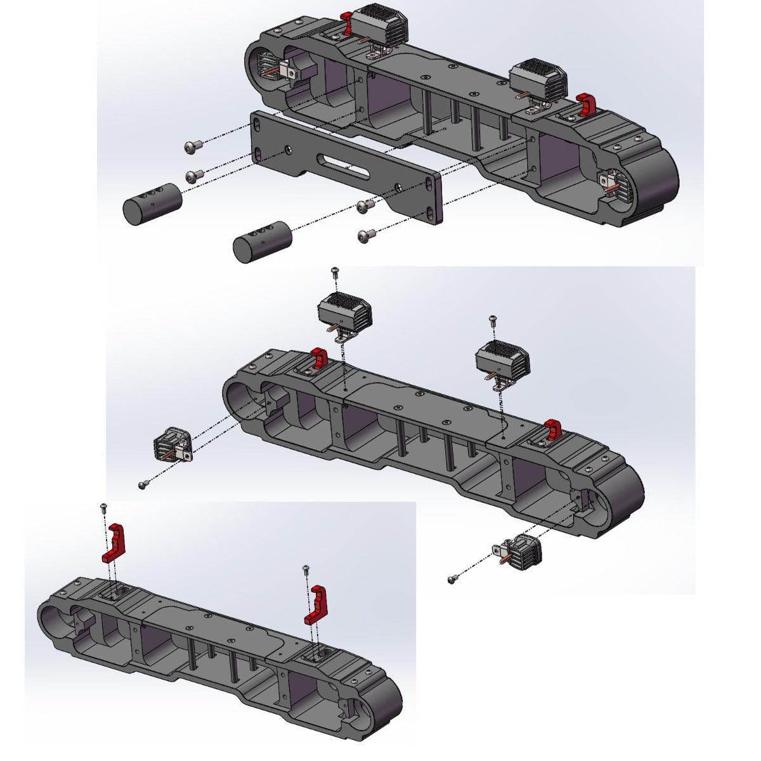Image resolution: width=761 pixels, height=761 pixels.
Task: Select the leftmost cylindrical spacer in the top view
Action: pyautogui.click(x=152, y=204)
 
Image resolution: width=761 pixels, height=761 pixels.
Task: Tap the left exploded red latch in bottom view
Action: pyautogui.click(x=115, y=543)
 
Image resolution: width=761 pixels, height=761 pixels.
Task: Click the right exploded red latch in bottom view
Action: pyautogui.click(x=317, y=605)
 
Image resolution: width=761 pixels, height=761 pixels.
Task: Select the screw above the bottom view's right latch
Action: pyautogui.click(x=306, y=569)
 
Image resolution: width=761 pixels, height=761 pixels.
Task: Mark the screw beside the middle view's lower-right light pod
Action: pyautogui.click(x=452, y=579)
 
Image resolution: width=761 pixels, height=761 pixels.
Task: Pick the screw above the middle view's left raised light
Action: pyautogui.click(x=336, y=271)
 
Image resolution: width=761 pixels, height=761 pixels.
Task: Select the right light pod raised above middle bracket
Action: pyautogui.click(x=503, y=360)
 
